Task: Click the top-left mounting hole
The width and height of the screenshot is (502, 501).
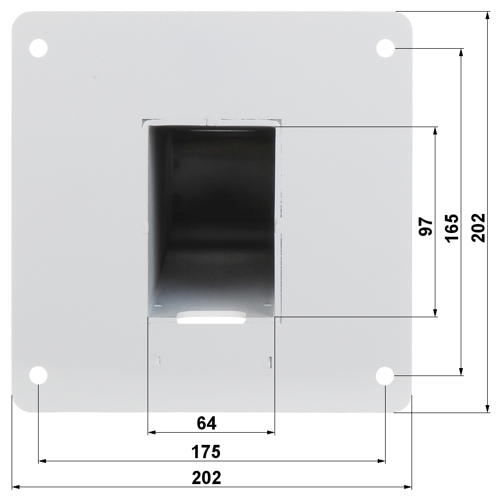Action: pyautogui.click(x=39, y=48)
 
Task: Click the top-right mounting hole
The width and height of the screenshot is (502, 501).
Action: pyautogui.click(x=385, y=48)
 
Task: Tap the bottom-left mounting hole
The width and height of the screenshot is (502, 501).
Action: pyautogui.click(x=39, y=375)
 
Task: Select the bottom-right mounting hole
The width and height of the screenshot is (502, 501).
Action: pyautogui.click(x=385, y=375)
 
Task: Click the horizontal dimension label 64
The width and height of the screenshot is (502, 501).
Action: pyautogui.click(x=206, y=423)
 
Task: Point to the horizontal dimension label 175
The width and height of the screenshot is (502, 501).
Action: pyautogui.click(x=206, y=452)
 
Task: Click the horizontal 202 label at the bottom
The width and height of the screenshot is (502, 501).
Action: pyautogui.click(x=206, y=478)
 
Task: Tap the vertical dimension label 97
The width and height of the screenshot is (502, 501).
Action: pyautogui.click(x=425, y=226)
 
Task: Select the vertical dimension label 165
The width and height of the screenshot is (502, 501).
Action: pyautogui.click(x=452, y=228)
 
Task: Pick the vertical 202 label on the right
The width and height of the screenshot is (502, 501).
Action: pyautogui.click(x=479, y=228)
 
